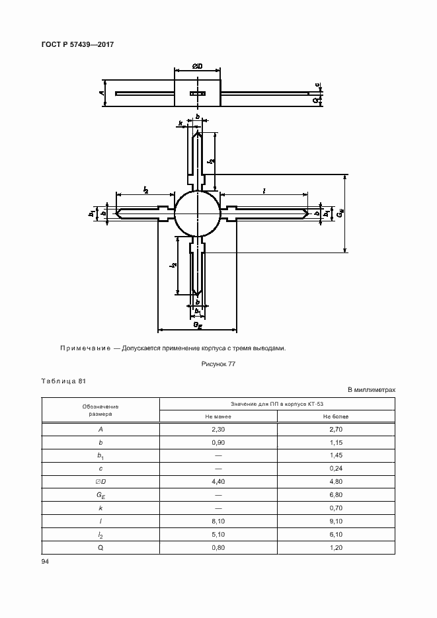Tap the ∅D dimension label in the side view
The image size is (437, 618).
(197, 67)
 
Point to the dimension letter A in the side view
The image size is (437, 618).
(102, 93)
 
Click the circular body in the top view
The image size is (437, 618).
(197, 213)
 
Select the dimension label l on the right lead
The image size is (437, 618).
(264, 190)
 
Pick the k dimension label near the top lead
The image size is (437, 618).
(180, 123)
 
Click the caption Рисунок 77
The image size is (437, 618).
(218, 364)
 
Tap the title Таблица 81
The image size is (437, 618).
(63, 381)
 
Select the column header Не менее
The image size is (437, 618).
(218, 416)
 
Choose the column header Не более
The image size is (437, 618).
(336, 416)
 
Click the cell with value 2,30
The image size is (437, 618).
(218, 430)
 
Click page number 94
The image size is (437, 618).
(46, 561)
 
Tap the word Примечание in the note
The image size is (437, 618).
(85, 348)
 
